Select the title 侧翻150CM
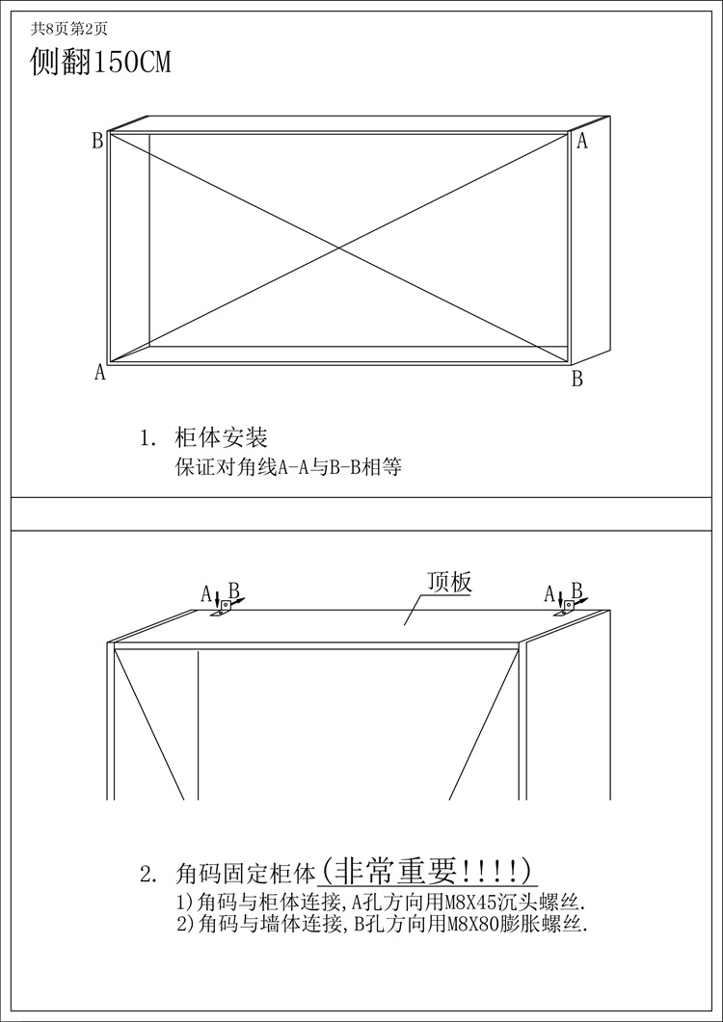tap(101, 64)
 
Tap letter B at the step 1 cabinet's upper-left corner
tap(97, 142)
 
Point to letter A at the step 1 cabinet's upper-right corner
tap(581, 142)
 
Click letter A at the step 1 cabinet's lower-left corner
tap(99, 373)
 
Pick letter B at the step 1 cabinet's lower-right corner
tap(577, 379)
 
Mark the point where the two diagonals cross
tap(338, 249)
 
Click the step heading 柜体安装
tap(221, 438)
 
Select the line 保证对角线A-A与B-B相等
tap(287, 469)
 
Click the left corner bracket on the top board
tap(223, 609)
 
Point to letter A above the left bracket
tap(205, 593)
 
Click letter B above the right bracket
tap(576, 590)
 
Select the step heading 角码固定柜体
tap(246, 875)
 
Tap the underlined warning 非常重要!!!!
tap(427, 871)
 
